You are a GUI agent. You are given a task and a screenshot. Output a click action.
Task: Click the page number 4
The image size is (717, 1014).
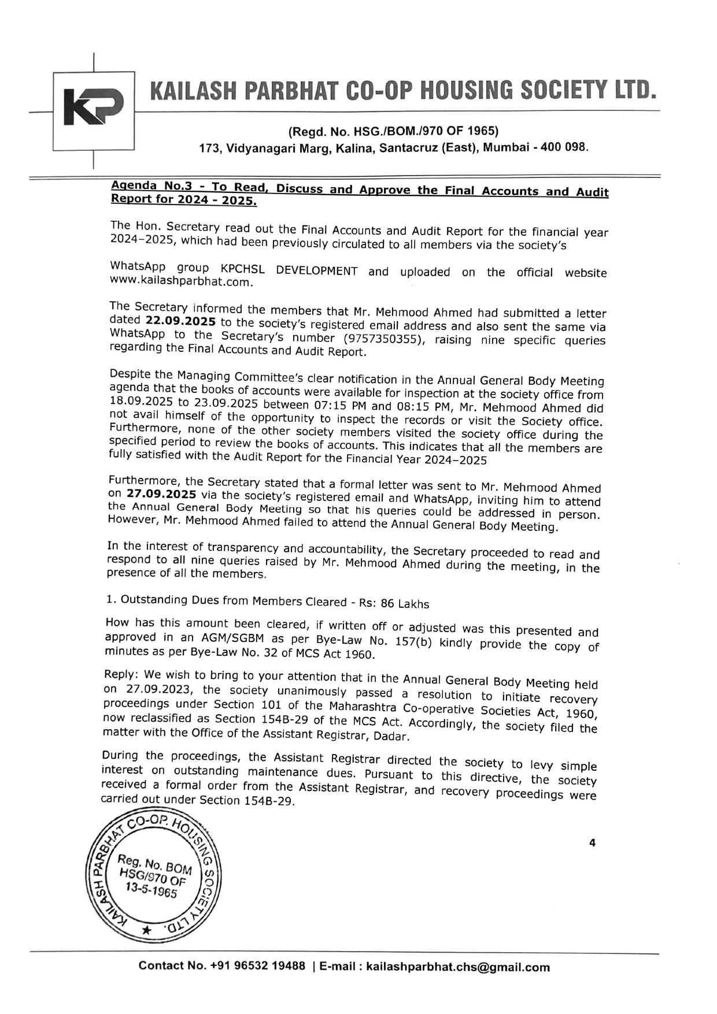(x=592, y=843)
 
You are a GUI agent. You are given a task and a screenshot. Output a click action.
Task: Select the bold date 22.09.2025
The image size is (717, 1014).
(x=180, y=322)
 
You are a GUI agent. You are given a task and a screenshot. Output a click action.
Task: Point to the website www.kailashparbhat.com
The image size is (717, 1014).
(x=180, y=283)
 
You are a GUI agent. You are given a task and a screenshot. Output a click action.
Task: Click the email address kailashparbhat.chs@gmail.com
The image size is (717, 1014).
(x=458, y=967)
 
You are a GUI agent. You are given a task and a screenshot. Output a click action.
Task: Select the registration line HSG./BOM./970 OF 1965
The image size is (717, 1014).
(x=393, y=131)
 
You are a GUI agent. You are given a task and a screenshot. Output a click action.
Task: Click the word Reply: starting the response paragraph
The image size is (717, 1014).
(x=122, y=674)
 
